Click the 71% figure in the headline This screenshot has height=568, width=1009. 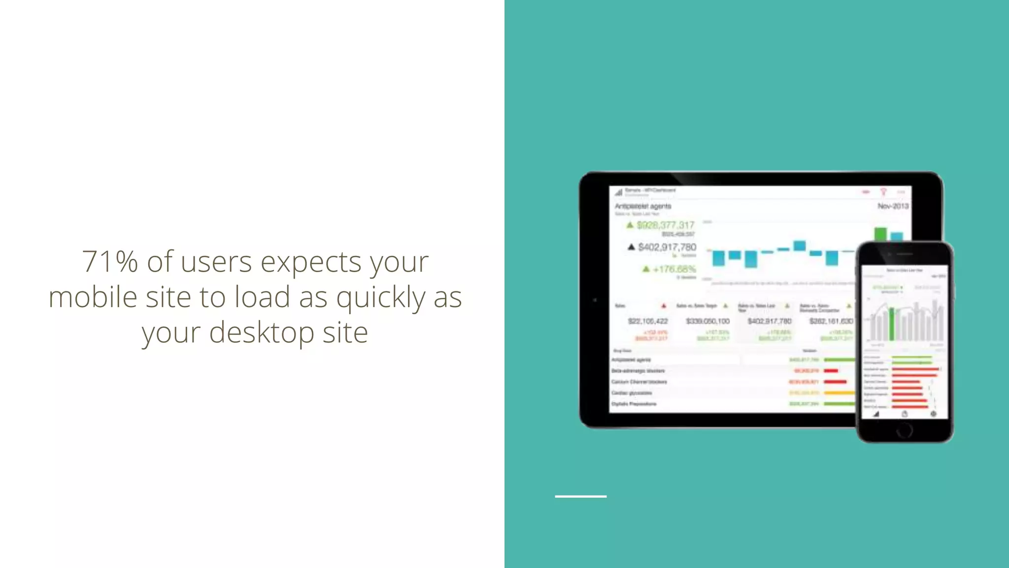(x=109, y=261)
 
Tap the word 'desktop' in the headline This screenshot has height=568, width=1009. (x=262, y=332)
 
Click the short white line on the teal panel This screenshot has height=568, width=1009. (x=580, y=496)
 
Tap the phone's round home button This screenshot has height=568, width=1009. (x=904, y=430)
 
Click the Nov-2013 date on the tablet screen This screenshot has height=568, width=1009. (x=893, y=206)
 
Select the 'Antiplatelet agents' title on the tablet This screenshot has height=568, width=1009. (x=643, y=206)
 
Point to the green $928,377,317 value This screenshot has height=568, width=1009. (x=665, y=225)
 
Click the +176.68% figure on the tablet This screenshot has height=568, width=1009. (x=674, y=269)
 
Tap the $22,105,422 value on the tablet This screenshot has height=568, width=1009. (x=648, y=321)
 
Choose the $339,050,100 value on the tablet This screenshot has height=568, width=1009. (x=707, y=321)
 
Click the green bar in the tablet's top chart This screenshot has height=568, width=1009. (x=880, y=234)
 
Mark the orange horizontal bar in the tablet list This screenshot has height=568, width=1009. (x=840, y=393)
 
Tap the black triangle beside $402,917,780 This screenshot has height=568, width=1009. (x=631, y=247)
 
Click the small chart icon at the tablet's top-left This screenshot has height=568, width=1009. (x=618, y=192)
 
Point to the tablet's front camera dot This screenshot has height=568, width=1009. (x=595, y=300)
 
